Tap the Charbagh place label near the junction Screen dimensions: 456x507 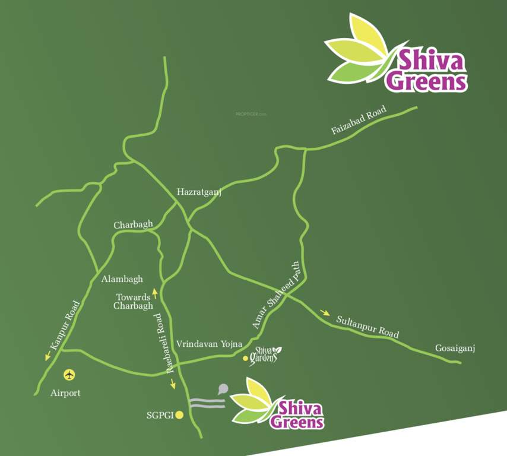pos(133,225)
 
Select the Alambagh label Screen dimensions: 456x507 pos(122,278)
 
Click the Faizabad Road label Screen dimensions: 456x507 pos(359,120)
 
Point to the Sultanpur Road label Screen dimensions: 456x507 pos(367,327)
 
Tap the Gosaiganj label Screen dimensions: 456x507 pos(456,347)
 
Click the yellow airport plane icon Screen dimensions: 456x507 pos(70,375)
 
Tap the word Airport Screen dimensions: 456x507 pos(65,393)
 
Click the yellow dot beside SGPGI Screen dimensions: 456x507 pos(179,416)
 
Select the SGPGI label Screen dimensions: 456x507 pos(160,416)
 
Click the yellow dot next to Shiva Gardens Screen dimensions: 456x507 pos(245,359)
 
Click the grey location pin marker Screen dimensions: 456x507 pos(223,389)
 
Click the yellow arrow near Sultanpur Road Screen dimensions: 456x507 pos(325,313)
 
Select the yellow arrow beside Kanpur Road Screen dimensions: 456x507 pos(47,356)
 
